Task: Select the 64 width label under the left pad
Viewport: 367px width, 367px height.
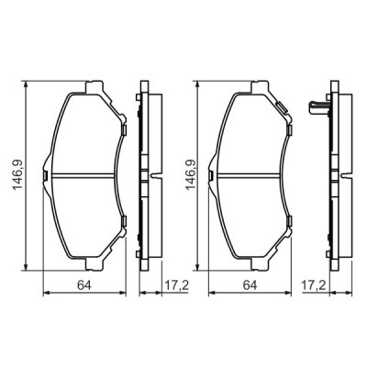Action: (82, 286)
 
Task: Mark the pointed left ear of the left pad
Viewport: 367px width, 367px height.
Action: (47, 172)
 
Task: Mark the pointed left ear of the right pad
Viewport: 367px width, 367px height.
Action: (212, 172)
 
